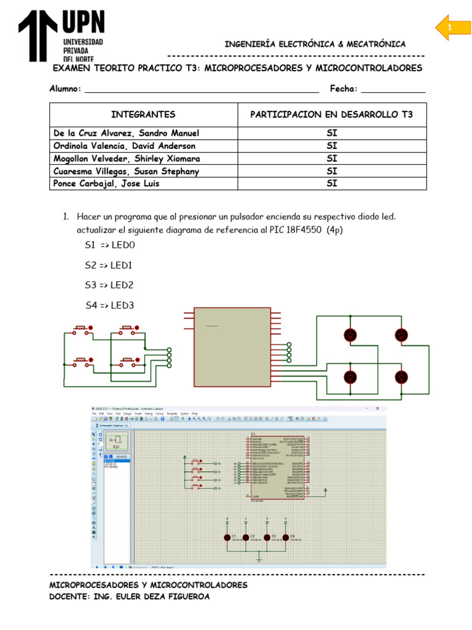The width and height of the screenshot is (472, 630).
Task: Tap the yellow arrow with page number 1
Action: [453, 28]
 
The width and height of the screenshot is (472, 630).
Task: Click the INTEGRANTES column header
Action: [143, 114]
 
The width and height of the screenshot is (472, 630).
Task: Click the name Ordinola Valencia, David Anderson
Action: [125, 146]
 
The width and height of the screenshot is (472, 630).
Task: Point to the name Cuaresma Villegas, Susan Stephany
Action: [126, 171]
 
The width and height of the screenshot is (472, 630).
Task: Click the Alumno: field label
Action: [65, 89]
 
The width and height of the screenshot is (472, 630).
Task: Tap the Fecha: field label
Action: [344, 89]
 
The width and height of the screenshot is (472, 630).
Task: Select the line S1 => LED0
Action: [109, 245]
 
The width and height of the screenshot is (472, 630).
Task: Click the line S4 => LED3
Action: [109, 305]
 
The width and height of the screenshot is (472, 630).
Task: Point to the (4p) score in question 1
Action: [335, 229]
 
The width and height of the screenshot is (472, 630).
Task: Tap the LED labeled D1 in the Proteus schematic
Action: [227, 536]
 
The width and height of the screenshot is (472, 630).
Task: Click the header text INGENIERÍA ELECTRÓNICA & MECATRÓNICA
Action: [315, 44]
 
